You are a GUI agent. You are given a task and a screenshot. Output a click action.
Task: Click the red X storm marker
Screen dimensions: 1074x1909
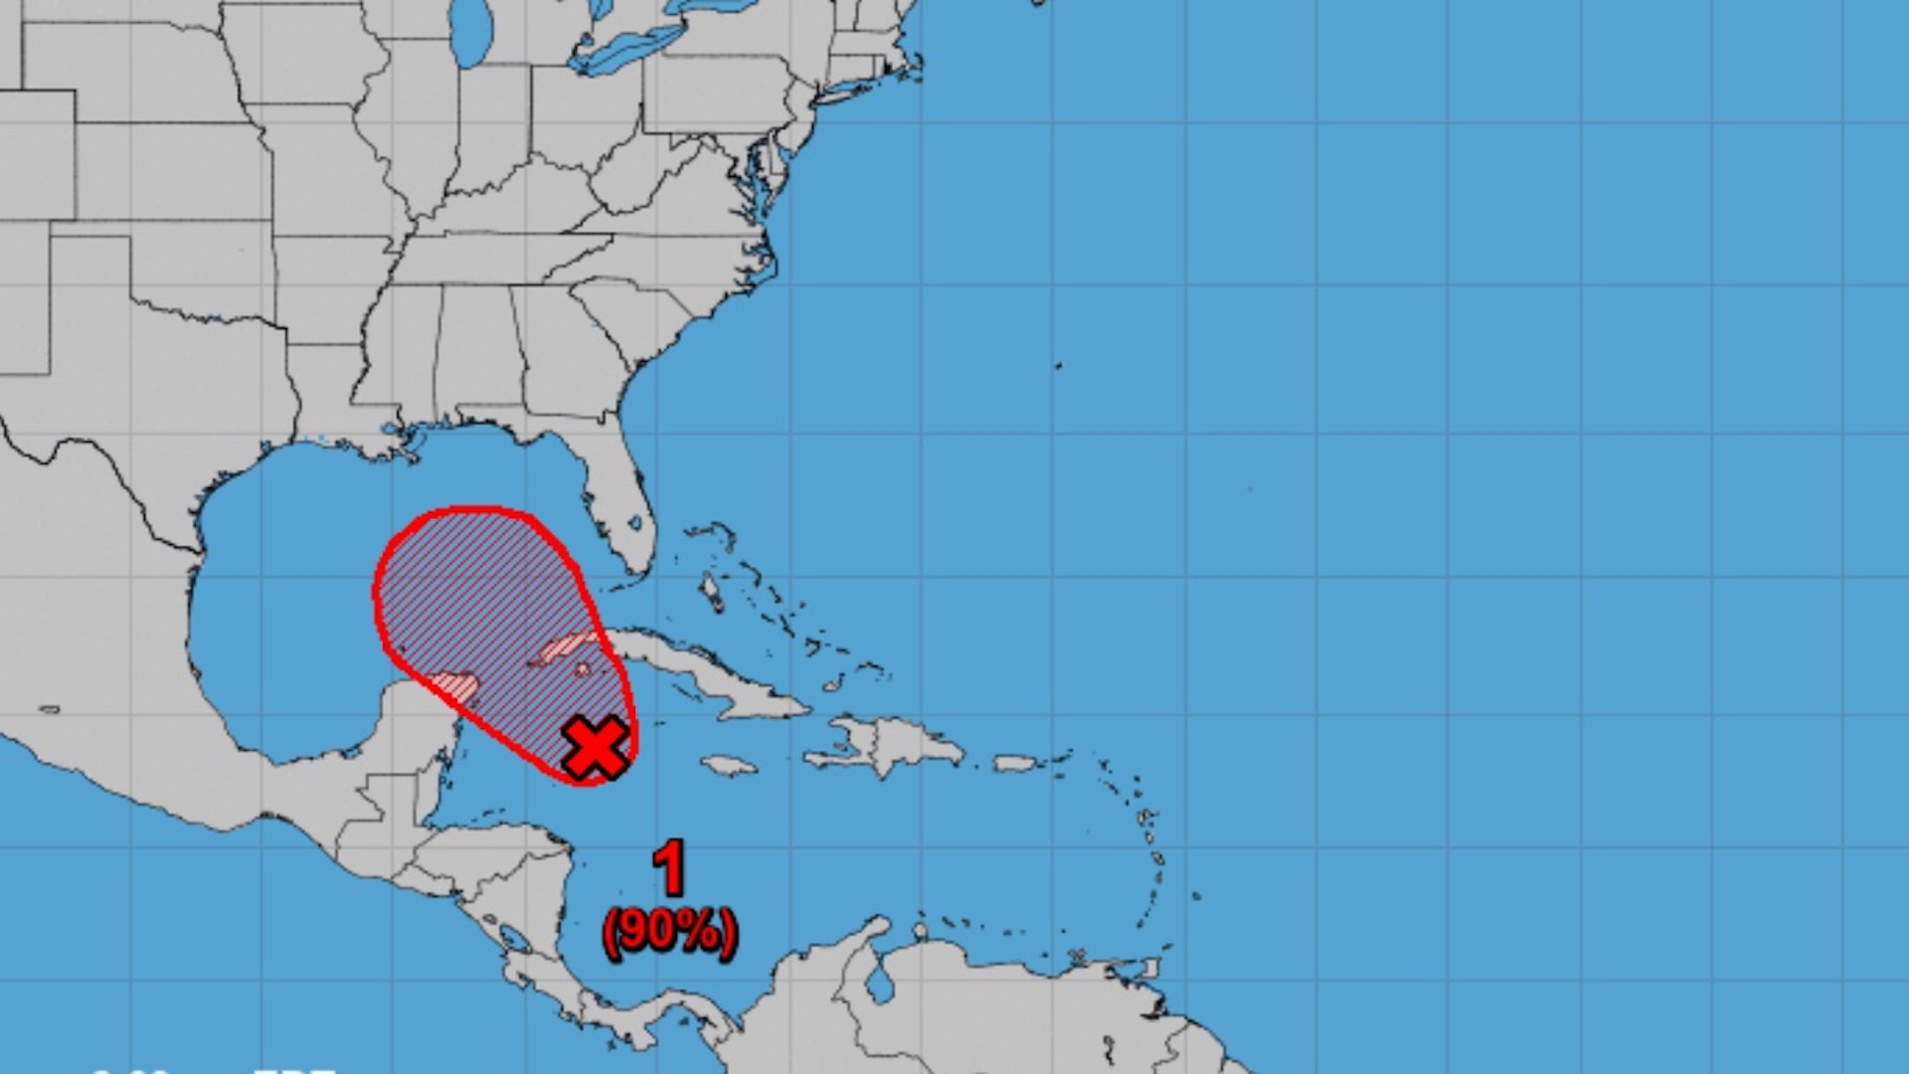click(x=595, y=747)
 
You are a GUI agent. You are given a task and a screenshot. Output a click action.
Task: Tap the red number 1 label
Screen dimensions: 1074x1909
click(x=670, y=867)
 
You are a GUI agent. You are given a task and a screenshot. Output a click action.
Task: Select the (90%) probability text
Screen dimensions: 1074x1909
click(x=669, y=932)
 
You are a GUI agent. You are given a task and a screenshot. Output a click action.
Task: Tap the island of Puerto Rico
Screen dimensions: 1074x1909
click(x=1015, y=763)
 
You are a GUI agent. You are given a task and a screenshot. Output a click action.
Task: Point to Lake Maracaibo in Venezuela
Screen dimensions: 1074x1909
click(x=879, y=984)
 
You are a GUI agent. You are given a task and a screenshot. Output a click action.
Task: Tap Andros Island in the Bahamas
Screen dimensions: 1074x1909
click(x=711, y=592)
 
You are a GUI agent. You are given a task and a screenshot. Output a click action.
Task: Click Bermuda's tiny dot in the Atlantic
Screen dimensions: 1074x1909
click(x=1059, y=366)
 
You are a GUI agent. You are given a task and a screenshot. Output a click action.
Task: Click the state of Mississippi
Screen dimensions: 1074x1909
click(x=398, y=358)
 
